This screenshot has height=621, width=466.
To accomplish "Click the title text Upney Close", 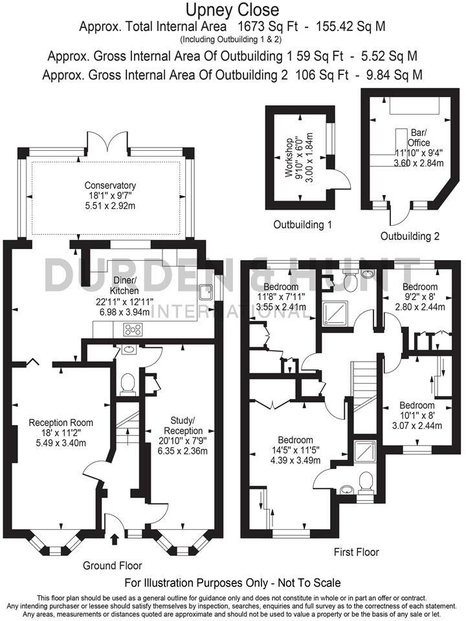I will click(x=233, y=10).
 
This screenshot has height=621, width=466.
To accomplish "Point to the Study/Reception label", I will click(x=183, y=425).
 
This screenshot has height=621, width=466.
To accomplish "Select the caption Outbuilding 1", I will click(x=302, y=225).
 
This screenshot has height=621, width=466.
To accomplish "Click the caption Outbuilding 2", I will click(x=410, y=236).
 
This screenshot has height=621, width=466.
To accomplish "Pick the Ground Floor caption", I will click(x=112, y=565).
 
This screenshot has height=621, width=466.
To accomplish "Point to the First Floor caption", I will click(x=356, y=552).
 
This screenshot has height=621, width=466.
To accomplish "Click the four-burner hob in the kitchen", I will click(x=132, y=329).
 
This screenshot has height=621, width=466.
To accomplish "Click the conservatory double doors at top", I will click(x=107, y=140).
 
